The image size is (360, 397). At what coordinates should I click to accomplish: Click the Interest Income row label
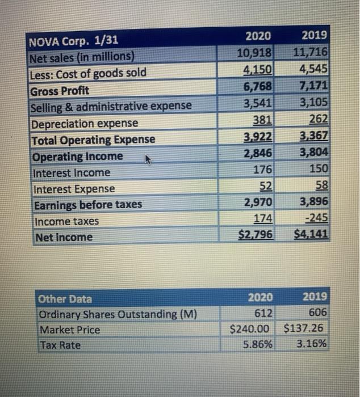(x=72, y=172)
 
